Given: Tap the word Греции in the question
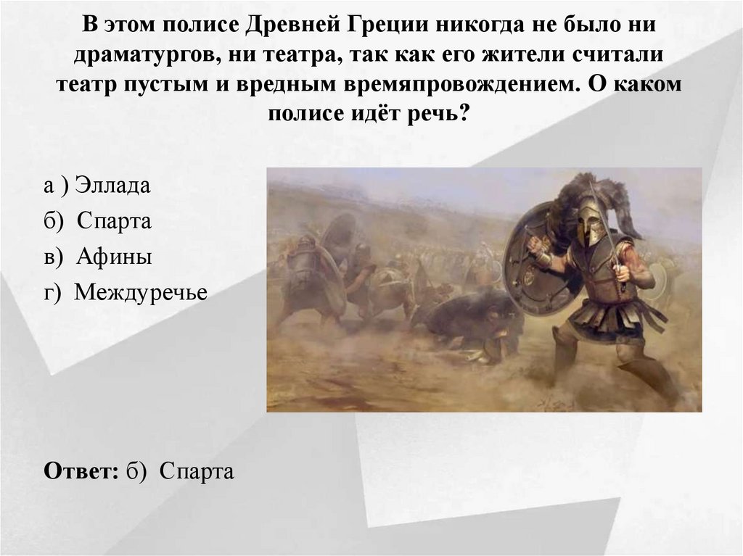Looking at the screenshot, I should [x=384, y=26].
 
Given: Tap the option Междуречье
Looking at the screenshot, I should [x=141, y=292].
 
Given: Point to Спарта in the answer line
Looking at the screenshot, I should [x=197, y=472].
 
